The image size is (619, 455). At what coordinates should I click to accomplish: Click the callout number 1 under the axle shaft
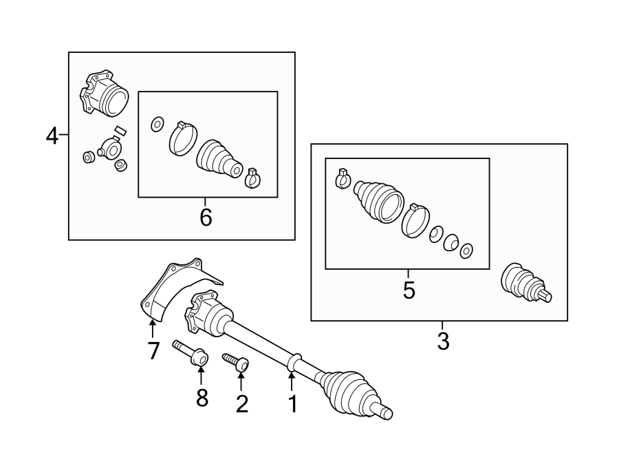[292, 404]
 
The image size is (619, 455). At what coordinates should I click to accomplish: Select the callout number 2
[241, 403]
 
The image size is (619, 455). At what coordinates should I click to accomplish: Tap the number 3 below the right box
[443, 340]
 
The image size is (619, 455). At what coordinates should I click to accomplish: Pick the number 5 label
[409, 290]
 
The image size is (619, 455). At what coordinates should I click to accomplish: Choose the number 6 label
[206, 218]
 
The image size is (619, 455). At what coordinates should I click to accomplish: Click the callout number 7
[153, 350]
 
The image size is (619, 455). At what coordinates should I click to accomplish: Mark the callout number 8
[202, 398]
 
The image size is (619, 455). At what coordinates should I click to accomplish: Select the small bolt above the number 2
[237, 362]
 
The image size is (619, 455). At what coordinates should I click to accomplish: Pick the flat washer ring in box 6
[156, 124]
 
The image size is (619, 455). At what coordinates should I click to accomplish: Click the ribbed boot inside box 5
[378, 200]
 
